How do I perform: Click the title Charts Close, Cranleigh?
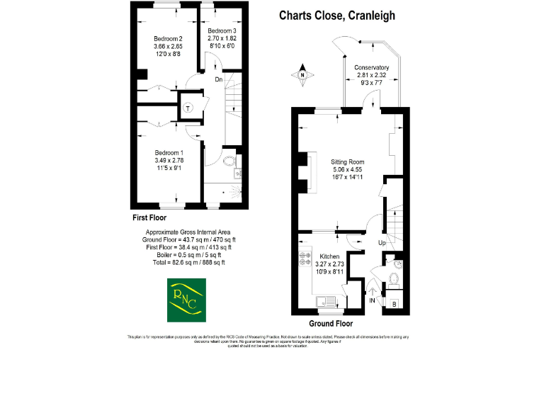pos(337,16)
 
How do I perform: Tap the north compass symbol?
pos(302,76)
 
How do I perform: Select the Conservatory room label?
pos(372,74)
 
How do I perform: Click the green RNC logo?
pos(184,301)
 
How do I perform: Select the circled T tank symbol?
pos(188,108)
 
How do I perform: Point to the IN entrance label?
pos(373,301)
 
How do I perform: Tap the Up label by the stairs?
pos(383,242)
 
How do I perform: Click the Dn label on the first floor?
pos(219,79)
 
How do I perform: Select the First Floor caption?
pos(150,217)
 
